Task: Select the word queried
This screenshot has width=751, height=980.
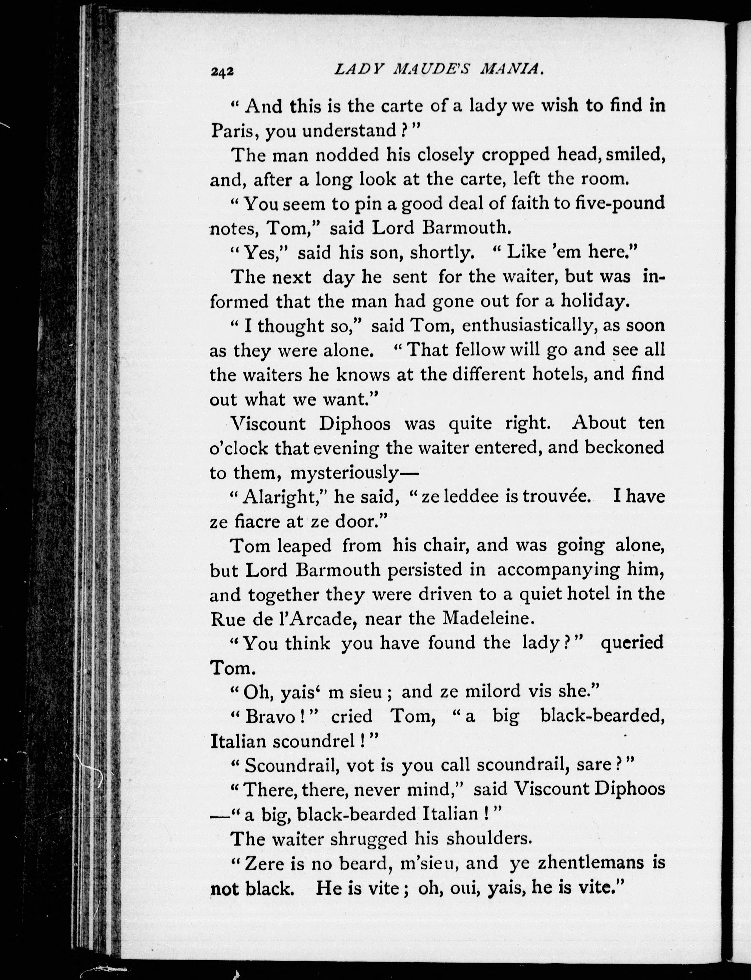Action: point(632,643)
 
